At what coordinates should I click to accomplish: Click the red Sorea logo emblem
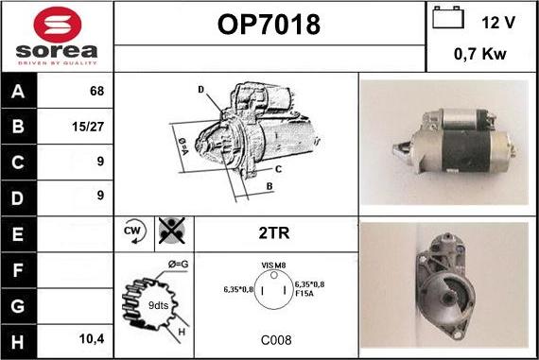(58, 25)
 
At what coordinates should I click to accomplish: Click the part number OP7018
(269, 25)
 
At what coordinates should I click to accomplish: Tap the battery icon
(448, 17)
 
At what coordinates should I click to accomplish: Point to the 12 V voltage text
(498, 23)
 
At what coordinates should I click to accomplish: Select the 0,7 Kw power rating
(479, 54)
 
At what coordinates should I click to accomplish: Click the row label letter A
(18, 92)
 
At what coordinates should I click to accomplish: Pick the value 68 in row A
(96, 91)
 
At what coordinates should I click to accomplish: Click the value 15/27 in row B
(88, 127)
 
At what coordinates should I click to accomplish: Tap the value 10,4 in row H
(92, 339)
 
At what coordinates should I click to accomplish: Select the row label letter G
(18, 306)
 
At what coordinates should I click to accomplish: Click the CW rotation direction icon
(134, 231)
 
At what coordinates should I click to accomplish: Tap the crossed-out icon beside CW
(172, 231)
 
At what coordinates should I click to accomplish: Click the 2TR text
(274, 232)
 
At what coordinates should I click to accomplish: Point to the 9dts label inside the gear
(159, 305)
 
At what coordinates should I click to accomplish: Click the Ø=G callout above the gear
(179, 265)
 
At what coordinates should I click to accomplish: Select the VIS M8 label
(273, 266)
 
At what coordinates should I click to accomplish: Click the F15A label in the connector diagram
(304, 293)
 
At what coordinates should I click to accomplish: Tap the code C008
(276, 340)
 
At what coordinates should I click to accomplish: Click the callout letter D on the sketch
(201, 90)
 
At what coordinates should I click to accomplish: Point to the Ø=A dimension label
(183, 146)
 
